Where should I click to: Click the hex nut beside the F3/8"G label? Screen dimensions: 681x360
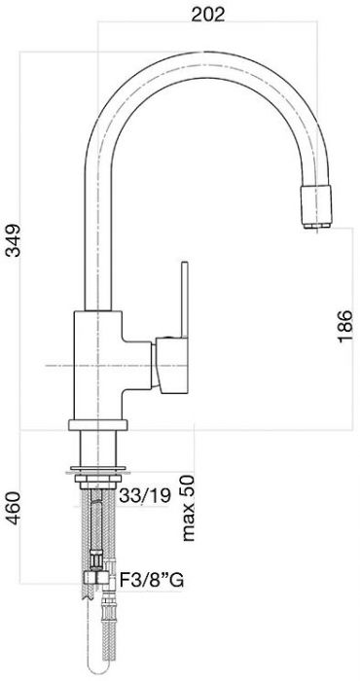(95, 581)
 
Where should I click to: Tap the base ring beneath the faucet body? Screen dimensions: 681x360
(97, 423)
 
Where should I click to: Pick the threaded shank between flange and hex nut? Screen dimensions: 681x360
(97, 525)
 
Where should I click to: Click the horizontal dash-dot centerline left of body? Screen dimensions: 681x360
(54, 365)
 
